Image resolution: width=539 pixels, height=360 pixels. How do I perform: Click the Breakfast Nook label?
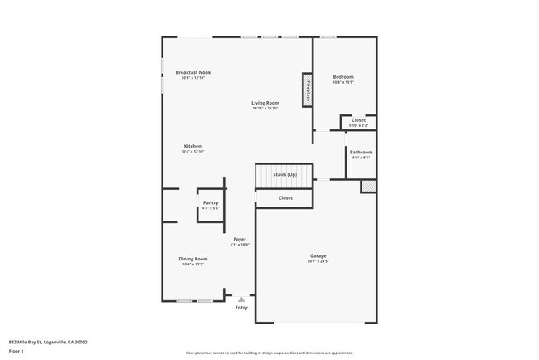tap(192, 72)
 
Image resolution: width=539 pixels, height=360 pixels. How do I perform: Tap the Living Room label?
tap(265, 103)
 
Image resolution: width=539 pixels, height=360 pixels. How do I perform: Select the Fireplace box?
tap(307, 90)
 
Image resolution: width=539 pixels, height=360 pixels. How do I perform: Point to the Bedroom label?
tap(343, 77)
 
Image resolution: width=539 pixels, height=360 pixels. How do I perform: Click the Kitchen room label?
tap(192, 146)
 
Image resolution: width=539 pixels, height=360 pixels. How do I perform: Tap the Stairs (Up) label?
tap(284, 175)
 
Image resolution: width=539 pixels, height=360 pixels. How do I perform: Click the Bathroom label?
tap(361, 152)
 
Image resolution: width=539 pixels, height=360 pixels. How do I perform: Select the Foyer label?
tap(239, 240)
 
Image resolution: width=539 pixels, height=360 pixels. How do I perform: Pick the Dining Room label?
tap(192, 259)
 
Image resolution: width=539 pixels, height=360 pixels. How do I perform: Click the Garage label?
tap(318, 256)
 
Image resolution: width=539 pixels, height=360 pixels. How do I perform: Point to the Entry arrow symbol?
tap(241, 299)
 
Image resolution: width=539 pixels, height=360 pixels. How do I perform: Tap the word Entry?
tap(241, 308)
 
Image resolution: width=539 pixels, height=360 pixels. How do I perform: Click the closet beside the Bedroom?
tap(358, 121)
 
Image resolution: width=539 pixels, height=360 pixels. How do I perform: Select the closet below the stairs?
tap(285, 198)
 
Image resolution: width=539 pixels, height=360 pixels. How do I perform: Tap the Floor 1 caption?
tap(17, 350)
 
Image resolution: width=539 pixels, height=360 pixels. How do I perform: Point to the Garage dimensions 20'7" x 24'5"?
tap(318, 262)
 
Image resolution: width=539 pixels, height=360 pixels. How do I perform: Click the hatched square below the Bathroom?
tap(367, 187)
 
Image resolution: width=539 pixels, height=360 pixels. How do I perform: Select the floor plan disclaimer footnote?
tap(269, 353)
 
